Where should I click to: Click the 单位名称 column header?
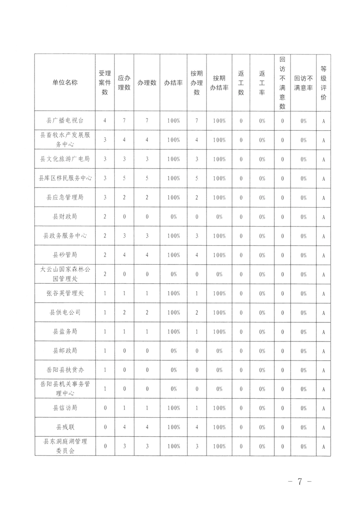(x=65, y=83)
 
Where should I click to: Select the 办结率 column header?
(x=173, y=83)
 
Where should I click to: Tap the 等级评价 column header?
(x=323, y=83)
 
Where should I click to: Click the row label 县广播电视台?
(x=65, y=121)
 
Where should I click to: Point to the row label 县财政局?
(x=65, y=217)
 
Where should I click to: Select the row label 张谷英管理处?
(x=65, y=293)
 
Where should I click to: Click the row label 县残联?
(x=65, y=427)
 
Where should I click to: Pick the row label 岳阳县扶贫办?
(x=65, y=370)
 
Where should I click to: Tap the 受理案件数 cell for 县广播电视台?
(x=105, y=121)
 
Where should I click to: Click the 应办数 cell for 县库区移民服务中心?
(x=124, y=178)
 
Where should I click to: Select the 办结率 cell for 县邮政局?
(x=173, y=351)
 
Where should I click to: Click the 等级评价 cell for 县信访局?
(x=323, y=408)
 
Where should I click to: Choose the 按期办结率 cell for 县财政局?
(x=219, y=217)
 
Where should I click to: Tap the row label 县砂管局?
(x=65, y=255)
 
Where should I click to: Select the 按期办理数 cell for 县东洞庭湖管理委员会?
(x=197, y=446)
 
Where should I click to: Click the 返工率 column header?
(x=262, y=83)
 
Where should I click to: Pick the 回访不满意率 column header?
(x=303, y=83)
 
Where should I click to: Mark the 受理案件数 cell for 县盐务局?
(x=105, y=331)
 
